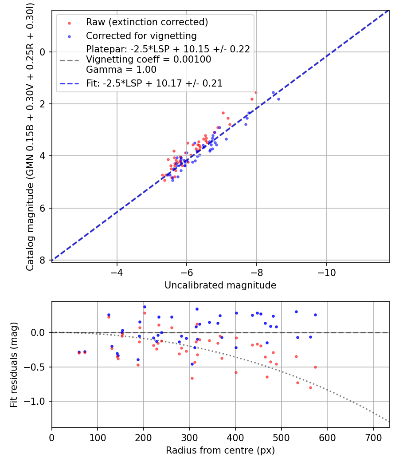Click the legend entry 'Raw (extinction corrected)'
click(x=147, y=22)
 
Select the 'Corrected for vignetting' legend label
click(x=141, y=36)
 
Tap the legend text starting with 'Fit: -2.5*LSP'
click(x=154, y=83)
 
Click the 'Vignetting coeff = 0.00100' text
click(x=149, y=59)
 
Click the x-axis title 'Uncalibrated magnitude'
click(x=220, y=285)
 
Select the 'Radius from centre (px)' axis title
click(x=220, y=450)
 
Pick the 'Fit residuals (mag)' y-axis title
click(x=14, y=364)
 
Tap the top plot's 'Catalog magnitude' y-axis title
click(x=30, y=135)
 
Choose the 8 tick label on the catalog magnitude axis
click(x=43, y=260)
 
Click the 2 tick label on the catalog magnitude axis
click(x=43, y=104)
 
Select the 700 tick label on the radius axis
click(x=373, y=437)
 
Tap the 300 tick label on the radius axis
click(x=189, y=437)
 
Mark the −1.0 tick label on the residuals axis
click(x=37, y=401)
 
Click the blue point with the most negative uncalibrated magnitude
click(x=278, y=99)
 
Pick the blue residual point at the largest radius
click(x=315, y=315)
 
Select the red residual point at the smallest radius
click(x=79, y=353)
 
